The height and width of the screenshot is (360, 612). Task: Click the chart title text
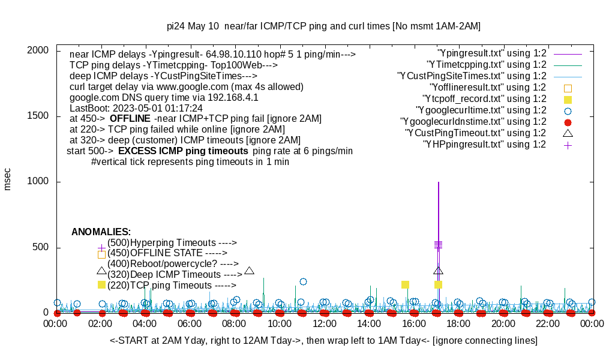coord(323,26)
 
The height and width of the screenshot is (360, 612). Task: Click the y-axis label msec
coord(8,179)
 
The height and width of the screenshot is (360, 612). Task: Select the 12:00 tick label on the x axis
coord(325,324)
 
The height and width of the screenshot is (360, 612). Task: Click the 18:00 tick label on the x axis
coord(458,324)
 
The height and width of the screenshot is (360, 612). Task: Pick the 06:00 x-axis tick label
coord(190,324)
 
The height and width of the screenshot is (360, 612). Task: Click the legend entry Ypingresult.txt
coord(492,53)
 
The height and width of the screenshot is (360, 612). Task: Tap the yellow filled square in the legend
coord(568,100)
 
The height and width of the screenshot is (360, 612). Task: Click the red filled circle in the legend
coord(568,122)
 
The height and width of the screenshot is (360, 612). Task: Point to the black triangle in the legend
coord(568,133)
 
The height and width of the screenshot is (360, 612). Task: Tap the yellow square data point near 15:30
coord(405,284)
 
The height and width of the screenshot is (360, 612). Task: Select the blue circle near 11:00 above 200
coord(303,281)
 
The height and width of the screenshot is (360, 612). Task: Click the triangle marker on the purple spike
coord(439,271)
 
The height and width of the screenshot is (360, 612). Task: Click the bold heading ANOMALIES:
coord(101,232)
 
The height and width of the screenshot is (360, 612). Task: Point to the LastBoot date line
coord(136,108)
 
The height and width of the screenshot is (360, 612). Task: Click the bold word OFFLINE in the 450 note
coord(130,118)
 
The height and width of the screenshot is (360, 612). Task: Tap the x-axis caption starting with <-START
coord(323,341)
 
